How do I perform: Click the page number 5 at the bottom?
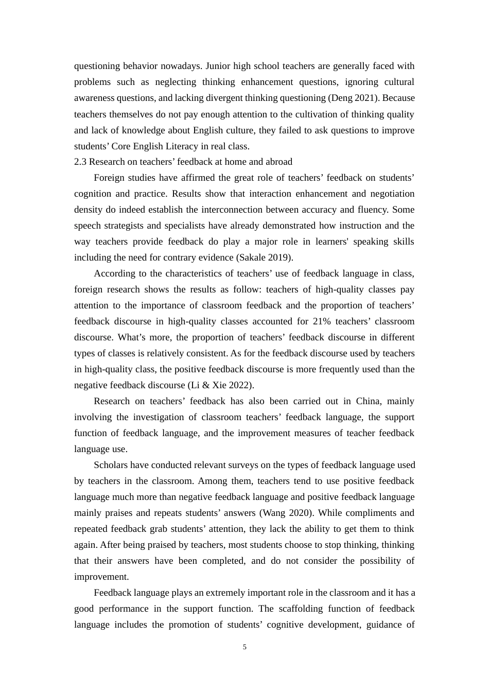[x=244, y=647]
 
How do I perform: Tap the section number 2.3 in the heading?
[x=80, y=162]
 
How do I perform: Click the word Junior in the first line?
[x=219, y=66]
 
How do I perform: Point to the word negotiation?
[x=391, y=194]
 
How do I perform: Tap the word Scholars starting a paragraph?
[x=110, y=465]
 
